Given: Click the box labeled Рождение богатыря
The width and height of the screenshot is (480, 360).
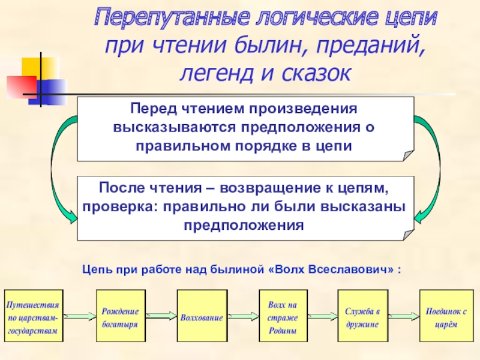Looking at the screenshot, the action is coord(121,316).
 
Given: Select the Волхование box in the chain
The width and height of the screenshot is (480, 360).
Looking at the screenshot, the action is coord(202,316).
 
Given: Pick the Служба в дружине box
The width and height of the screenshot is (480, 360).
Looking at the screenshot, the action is coord(362,316).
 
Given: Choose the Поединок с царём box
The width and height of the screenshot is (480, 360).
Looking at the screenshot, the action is coord(445,316).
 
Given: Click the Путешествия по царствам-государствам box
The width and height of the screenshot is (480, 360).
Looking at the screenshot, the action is coord(33,316).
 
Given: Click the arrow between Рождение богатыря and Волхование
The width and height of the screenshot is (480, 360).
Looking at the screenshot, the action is coord(161,316).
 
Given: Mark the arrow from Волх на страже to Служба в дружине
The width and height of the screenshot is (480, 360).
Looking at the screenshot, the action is coord(322,316).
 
